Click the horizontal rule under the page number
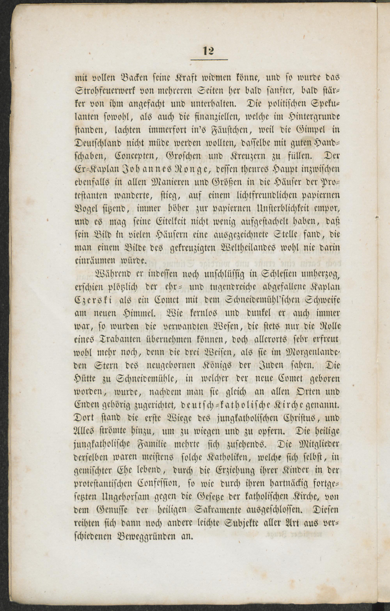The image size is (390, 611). pos(209,60)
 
